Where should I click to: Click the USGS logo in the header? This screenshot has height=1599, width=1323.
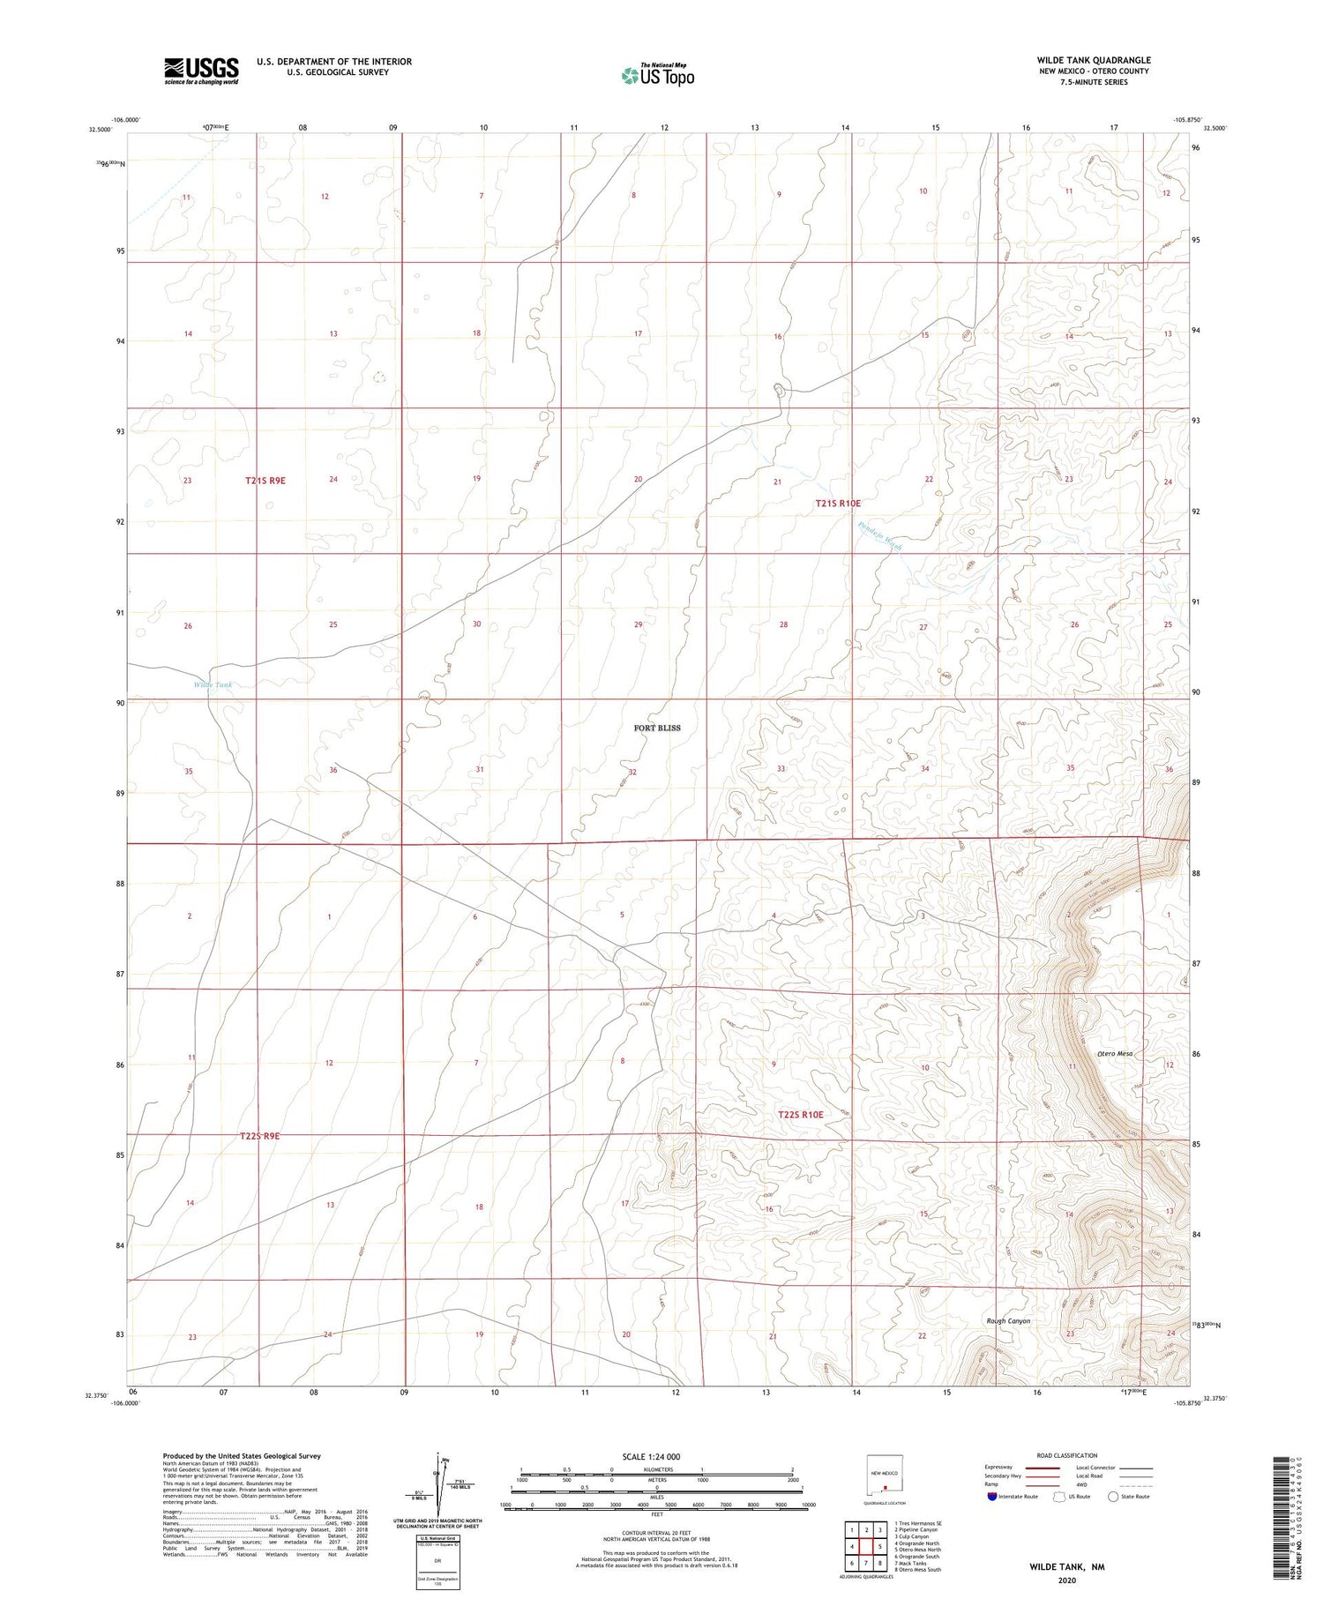(201, 71)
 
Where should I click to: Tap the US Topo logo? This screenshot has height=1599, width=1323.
(658, 76)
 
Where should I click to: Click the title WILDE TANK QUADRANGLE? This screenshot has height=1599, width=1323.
(1093, 60)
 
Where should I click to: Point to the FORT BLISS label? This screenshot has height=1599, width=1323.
(657, 728)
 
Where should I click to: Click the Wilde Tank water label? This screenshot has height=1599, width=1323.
(213, 684)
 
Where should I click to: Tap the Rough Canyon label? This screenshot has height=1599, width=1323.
(1008, 1320)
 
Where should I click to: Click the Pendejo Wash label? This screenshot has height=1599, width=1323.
(878, 535)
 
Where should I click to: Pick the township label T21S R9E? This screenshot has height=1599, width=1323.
(265, 481)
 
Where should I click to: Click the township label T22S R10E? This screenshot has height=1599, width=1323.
(800, 1115)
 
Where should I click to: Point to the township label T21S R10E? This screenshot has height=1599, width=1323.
(837, 503)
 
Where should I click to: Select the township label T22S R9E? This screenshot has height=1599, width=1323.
(259, 1136)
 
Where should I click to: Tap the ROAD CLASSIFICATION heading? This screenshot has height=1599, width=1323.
(1066, 1455)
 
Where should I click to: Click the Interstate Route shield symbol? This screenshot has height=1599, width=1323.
(992, 1497)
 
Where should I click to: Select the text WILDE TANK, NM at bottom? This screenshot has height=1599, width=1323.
(1066, 1566)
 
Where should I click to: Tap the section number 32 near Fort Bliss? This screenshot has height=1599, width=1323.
(632, 772)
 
